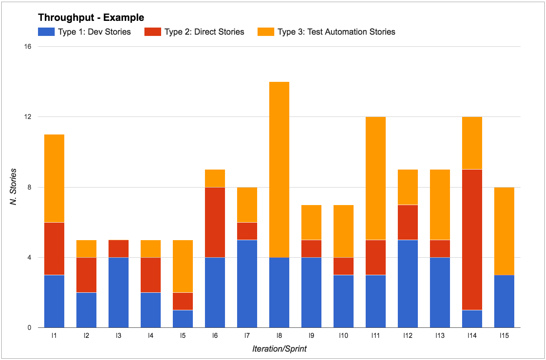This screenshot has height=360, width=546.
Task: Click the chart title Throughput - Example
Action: click(x=91, y=18)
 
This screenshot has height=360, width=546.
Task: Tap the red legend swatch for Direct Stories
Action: click(x=152, y=32)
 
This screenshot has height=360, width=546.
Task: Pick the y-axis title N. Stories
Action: click(x=14, y=187)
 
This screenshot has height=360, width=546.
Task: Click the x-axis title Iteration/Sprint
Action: click(x=279, y=349)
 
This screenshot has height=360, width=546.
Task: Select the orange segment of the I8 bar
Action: click(x=279, y=169)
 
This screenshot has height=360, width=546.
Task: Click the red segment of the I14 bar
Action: click(x=472, y=239)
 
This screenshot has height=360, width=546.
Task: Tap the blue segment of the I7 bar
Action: click(x=247, y=284)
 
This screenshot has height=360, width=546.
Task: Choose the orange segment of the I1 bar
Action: click(x=54, y=178)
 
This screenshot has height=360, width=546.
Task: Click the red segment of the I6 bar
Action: click(x=215, y=222)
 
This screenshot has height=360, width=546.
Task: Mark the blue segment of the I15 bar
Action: click(x=504, y=301)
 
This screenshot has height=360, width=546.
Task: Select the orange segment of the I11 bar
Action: click(x=376, y=178)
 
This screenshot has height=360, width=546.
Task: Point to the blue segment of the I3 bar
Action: click(x=119, y=292)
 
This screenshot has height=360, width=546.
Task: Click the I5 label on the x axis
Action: click(x=183, y=335)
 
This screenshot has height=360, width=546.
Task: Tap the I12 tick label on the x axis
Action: click(x=408, y=335)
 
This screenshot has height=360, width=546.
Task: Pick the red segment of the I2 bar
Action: click(x=86, y=275)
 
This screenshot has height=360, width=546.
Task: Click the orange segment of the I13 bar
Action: click(x=440, y=205)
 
